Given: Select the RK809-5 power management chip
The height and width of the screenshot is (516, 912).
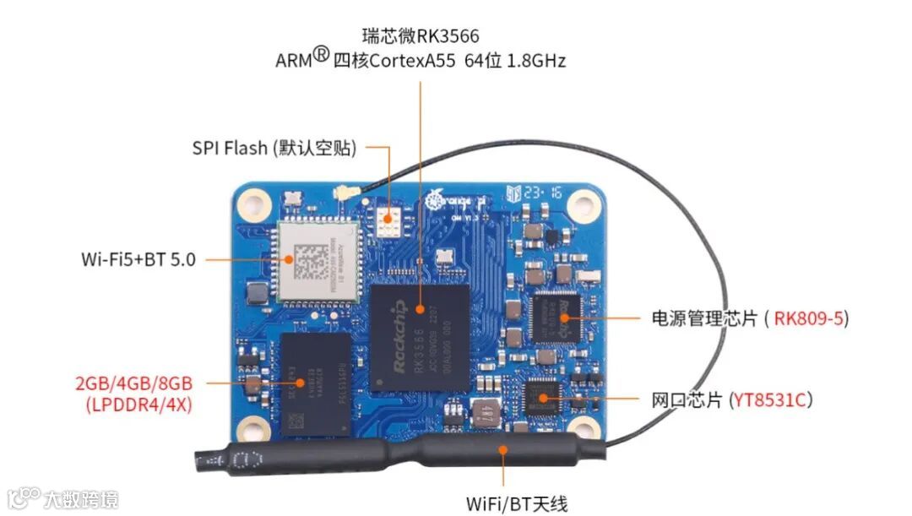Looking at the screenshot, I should [x=556, y=316].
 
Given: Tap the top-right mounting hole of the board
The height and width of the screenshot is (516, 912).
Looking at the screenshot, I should [x=581, y=203].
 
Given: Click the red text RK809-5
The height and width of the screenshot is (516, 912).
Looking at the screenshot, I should [x=809, y=318].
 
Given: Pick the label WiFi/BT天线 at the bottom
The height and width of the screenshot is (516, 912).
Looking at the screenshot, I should [x=517, y=504].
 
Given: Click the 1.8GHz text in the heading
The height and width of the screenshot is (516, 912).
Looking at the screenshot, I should [x=536, y=61].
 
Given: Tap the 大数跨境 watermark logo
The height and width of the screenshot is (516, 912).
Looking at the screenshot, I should [x=63, y=498].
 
